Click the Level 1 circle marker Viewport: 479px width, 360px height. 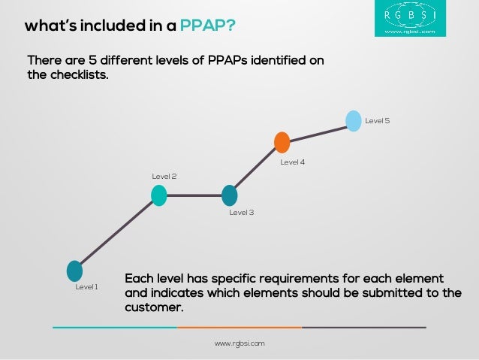tap(74, 271)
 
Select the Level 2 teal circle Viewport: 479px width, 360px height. tap(158, 195)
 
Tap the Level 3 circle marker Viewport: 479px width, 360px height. tap(230, 195)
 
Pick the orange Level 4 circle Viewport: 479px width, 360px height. tap(282, 142)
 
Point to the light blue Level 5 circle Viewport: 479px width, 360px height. tap(354, 120)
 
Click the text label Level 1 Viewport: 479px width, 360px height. tap(86, 287)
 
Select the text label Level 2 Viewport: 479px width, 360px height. tap(164, 177)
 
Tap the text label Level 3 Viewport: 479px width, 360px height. tap(241, 213)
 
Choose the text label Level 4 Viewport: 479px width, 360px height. tap(292, 162)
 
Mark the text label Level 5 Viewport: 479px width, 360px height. tap(377, 121)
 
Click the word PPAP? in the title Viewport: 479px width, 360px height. tap(207, 28)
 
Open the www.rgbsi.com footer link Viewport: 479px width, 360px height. tap(239, 343)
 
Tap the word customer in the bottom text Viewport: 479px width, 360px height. tap(153, 308)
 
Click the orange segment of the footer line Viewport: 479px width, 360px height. tap(239, 328)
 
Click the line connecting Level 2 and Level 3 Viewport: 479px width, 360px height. tap(194, 195)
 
